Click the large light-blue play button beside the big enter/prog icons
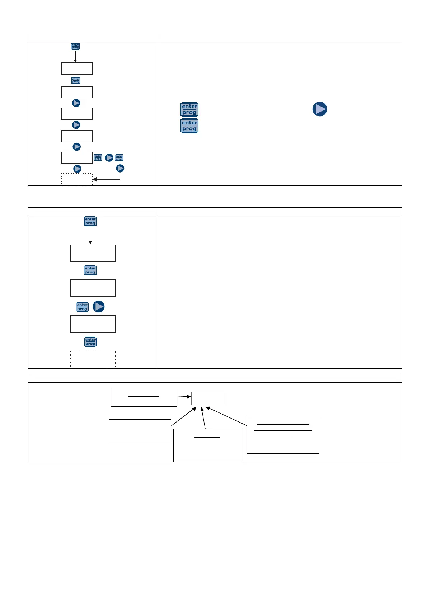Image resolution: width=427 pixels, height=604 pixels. tap(319, 109)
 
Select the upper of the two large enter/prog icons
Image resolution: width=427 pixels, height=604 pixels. tap(189, 109)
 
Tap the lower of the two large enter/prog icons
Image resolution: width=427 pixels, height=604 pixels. tap(189, 126)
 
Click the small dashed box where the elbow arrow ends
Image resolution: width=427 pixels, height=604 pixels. tap(77, 179)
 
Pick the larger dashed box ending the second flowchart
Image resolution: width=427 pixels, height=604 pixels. tap(93, 359)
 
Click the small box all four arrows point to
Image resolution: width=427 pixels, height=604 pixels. tap(208, 398)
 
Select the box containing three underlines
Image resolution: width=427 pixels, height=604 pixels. tap(283, 435)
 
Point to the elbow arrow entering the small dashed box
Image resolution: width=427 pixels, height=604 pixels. tap(108, 179)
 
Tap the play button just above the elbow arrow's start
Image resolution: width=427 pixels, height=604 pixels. tap(120, 168)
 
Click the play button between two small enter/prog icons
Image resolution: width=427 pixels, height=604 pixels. tap(109, 157)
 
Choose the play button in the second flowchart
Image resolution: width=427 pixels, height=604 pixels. tap(99, 307)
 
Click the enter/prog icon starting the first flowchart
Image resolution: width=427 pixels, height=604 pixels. tap(75, 47)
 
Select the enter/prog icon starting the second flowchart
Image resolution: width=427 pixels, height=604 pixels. tap(90, 221)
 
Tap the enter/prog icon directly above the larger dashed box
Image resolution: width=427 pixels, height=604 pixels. tap(90, 342)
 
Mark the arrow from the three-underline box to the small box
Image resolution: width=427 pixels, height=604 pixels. tap(226, 416)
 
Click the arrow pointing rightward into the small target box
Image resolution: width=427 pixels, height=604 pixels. tap(184, 397)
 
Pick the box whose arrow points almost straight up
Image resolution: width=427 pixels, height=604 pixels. tap(207, 445)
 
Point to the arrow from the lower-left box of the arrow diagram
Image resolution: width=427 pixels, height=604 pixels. tap(184, 416)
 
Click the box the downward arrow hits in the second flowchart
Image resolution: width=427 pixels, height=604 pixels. tap(93, 253)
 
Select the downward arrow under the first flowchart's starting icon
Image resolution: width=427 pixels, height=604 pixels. tap(75, 56)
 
